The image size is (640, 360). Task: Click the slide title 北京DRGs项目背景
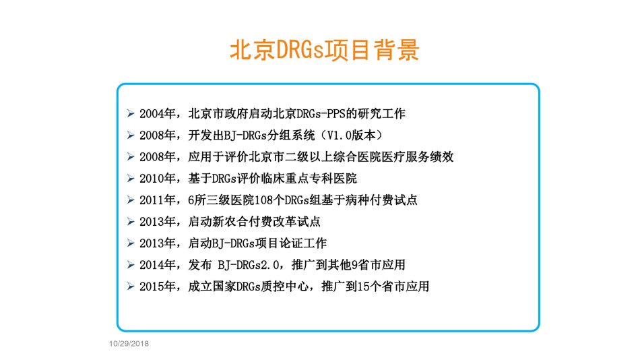pyautogui.click(x=325, y=51)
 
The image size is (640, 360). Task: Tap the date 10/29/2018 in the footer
pyautogui.click(x=129, y=344)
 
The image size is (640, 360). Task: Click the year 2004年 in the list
pyautogui.click(x=158, y=114)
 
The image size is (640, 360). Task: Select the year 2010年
pyautogui.click(x=158, y=179)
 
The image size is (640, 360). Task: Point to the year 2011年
pyautogui.click(x=158, y=200)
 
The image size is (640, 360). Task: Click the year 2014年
pyautogui.click(x=158, y=265)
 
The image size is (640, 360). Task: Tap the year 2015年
pyautogui.click(x=158, y=287)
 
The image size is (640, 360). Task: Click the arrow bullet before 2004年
pyautogui.click(x=131, y=113)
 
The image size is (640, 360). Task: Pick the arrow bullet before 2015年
pyautogui.click(x=131, y=287)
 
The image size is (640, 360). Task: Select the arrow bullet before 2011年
pyautogui.click(x=131, y=200)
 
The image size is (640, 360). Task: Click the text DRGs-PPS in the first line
pyautogui.click(x=321, y=114)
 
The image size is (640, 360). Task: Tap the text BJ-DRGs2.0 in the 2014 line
pyautogui.click(x=249, y=265)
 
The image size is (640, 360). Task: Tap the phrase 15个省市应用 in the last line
pyautogui.click(x=393, y=287)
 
